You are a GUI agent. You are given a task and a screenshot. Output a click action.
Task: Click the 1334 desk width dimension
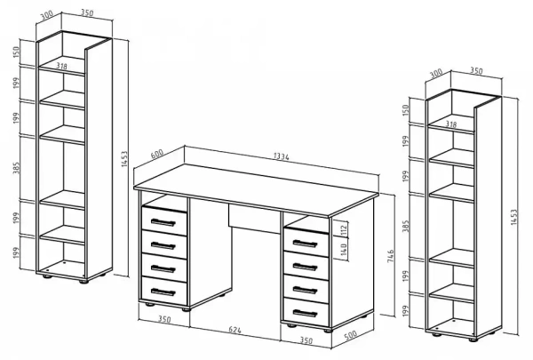pos(281,156)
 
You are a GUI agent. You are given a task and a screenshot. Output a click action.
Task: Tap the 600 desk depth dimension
pos(156,154)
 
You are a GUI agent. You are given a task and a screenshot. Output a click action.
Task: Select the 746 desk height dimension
pos(391,256)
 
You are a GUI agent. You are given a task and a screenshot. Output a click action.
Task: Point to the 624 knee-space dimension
pos(235,330)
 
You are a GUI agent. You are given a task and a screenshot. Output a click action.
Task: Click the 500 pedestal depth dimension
pos(351,335)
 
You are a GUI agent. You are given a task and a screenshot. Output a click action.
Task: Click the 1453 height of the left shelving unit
pos(124,159)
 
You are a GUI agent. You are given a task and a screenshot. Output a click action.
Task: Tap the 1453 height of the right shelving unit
pos(513,217)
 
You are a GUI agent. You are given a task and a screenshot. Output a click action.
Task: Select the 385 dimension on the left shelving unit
pos(16,168)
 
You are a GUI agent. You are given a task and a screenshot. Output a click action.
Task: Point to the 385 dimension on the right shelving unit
pos(406,226)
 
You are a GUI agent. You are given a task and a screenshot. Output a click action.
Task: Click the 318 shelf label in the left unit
pos(61,66)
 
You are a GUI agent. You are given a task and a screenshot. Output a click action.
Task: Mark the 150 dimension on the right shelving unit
pos(406,110)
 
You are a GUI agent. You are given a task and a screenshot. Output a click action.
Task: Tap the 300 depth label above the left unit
pos(46,15)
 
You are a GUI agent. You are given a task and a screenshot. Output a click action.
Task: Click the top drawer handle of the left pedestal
pos(163,222)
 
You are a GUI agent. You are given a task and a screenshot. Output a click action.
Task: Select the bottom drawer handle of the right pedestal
pos(305,313)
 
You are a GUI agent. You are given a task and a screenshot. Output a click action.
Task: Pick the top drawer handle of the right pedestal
pos(305,244)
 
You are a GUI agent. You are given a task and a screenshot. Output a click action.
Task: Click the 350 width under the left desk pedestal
pos(164,319)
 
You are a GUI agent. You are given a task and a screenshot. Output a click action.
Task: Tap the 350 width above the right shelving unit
pos(476,71)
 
